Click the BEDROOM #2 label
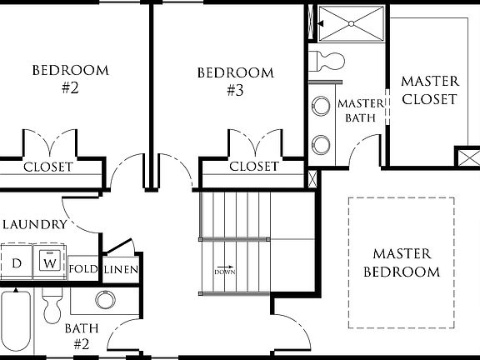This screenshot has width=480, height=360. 70,78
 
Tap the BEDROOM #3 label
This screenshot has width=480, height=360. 235,81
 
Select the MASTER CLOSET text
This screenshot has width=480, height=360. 430,90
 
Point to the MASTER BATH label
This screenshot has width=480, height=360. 362,110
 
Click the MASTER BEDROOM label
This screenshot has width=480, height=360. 401,262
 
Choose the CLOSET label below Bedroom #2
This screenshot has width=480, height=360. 47,167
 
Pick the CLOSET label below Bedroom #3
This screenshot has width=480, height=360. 253,167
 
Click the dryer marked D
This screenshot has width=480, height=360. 16,263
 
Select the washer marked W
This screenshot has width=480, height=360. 50,263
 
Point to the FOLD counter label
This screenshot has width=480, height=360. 83,269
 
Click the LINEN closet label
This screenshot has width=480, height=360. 121,269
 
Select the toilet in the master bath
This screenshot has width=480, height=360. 327,60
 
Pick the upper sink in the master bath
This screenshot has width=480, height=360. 320,107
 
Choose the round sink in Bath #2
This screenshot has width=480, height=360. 105,300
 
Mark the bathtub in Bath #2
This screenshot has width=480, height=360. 16,321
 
